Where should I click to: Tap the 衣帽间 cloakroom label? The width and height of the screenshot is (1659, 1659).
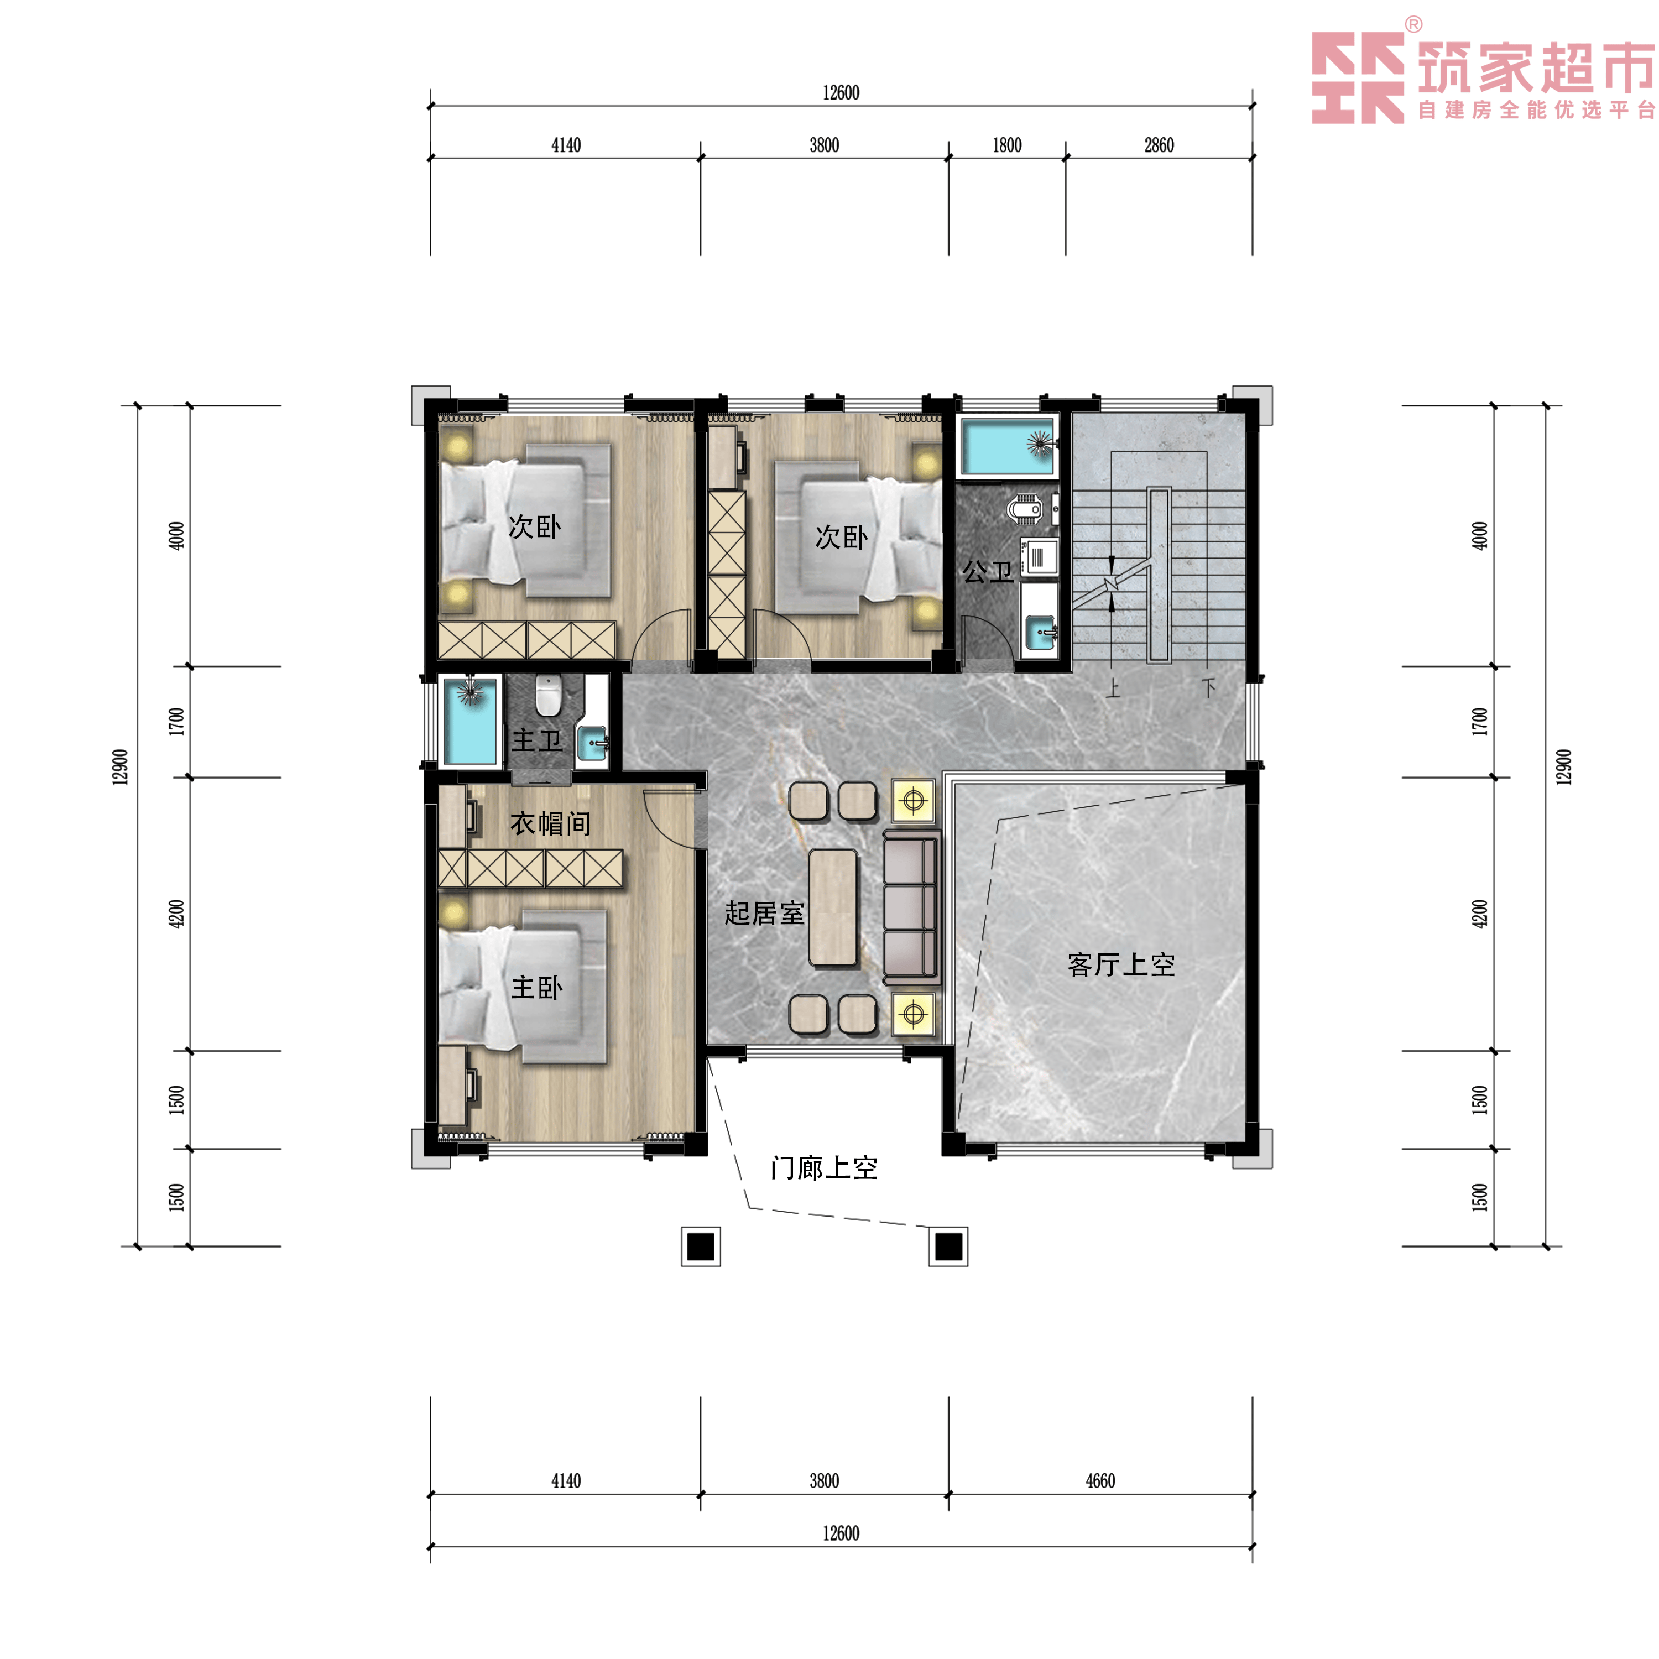pyautogui.click(x=550, y=823)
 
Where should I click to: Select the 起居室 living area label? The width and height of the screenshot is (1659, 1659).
pyautogui.click(x=764, y=913)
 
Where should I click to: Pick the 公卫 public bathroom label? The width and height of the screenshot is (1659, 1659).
pyautogui.click(x=988, y=571)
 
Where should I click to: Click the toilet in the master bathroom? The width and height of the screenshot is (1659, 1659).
pyautogui.click(x=548, y=695)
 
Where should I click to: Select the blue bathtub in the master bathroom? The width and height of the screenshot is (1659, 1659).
pyautogui.click(x=469, y=721)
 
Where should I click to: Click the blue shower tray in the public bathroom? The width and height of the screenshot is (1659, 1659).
pyautogui.click(x=1006, y=446)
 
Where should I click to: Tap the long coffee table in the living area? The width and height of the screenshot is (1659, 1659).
pyautogui.click(x=833, y=907)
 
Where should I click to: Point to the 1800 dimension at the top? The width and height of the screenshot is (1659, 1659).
pyautogui.click(x=1006, y=145)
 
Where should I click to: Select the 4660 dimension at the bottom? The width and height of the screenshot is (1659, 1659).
pyautogui.click(x=1100, y=1480)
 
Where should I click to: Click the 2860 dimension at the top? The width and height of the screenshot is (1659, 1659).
pyautogui.click(x=1159, y=145)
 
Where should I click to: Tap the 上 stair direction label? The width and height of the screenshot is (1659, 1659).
pyautogui.click(x=1113, y=688)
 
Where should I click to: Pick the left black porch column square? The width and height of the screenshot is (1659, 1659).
pyautogui.click(x=701, y=1246)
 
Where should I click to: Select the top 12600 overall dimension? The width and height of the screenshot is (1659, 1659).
pyautogui.click(x=841, y=93)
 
